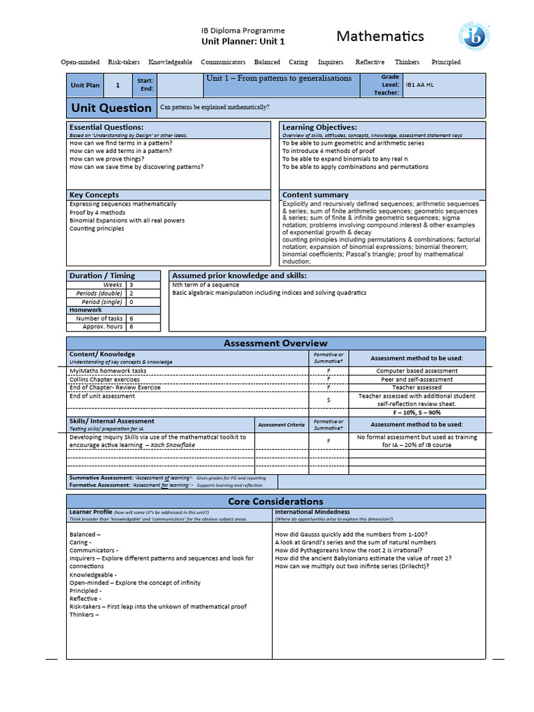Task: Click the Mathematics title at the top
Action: (x=380, y=36)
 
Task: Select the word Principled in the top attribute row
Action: (x=446, y=62)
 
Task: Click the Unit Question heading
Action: (x=111, y=108)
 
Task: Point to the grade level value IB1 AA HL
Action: (x=419, y=85)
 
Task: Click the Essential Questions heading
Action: (x=106, y=127)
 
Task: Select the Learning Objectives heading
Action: (x=319, y=127)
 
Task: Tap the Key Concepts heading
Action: (x=94, y=195)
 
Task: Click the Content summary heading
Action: (x=315, y=195)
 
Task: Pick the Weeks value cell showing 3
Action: (x=131, y=285)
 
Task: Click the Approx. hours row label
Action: (x=102, y=327)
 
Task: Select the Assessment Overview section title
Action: (x=275, y=343)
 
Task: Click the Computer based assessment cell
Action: (x=416, y=371)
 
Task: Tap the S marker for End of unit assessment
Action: (x=329, y=400)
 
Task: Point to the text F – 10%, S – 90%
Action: (x=416, y=412)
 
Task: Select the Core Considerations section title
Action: (x=275, y=501)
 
